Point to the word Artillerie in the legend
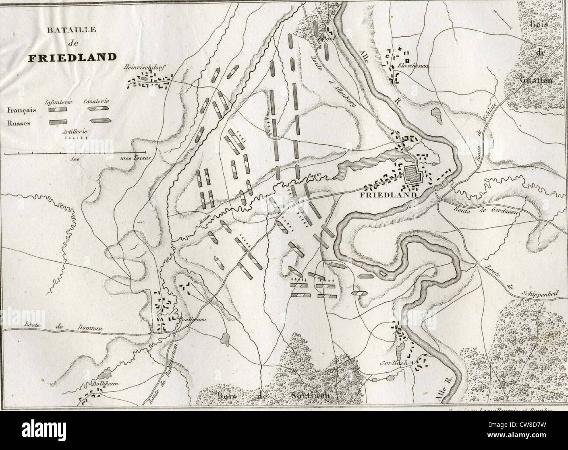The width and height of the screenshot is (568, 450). click(x=73, y=131)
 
